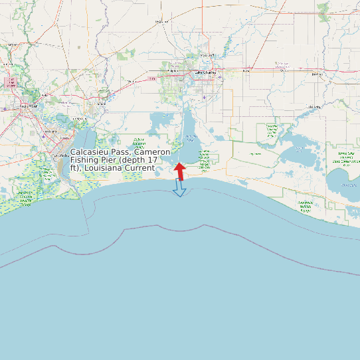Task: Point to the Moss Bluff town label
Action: tap(207, 55)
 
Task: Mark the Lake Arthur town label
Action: tap(314, 106)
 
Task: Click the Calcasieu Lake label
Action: tap(191, 138)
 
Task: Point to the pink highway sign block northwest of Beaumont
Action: tap(10, 82)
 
